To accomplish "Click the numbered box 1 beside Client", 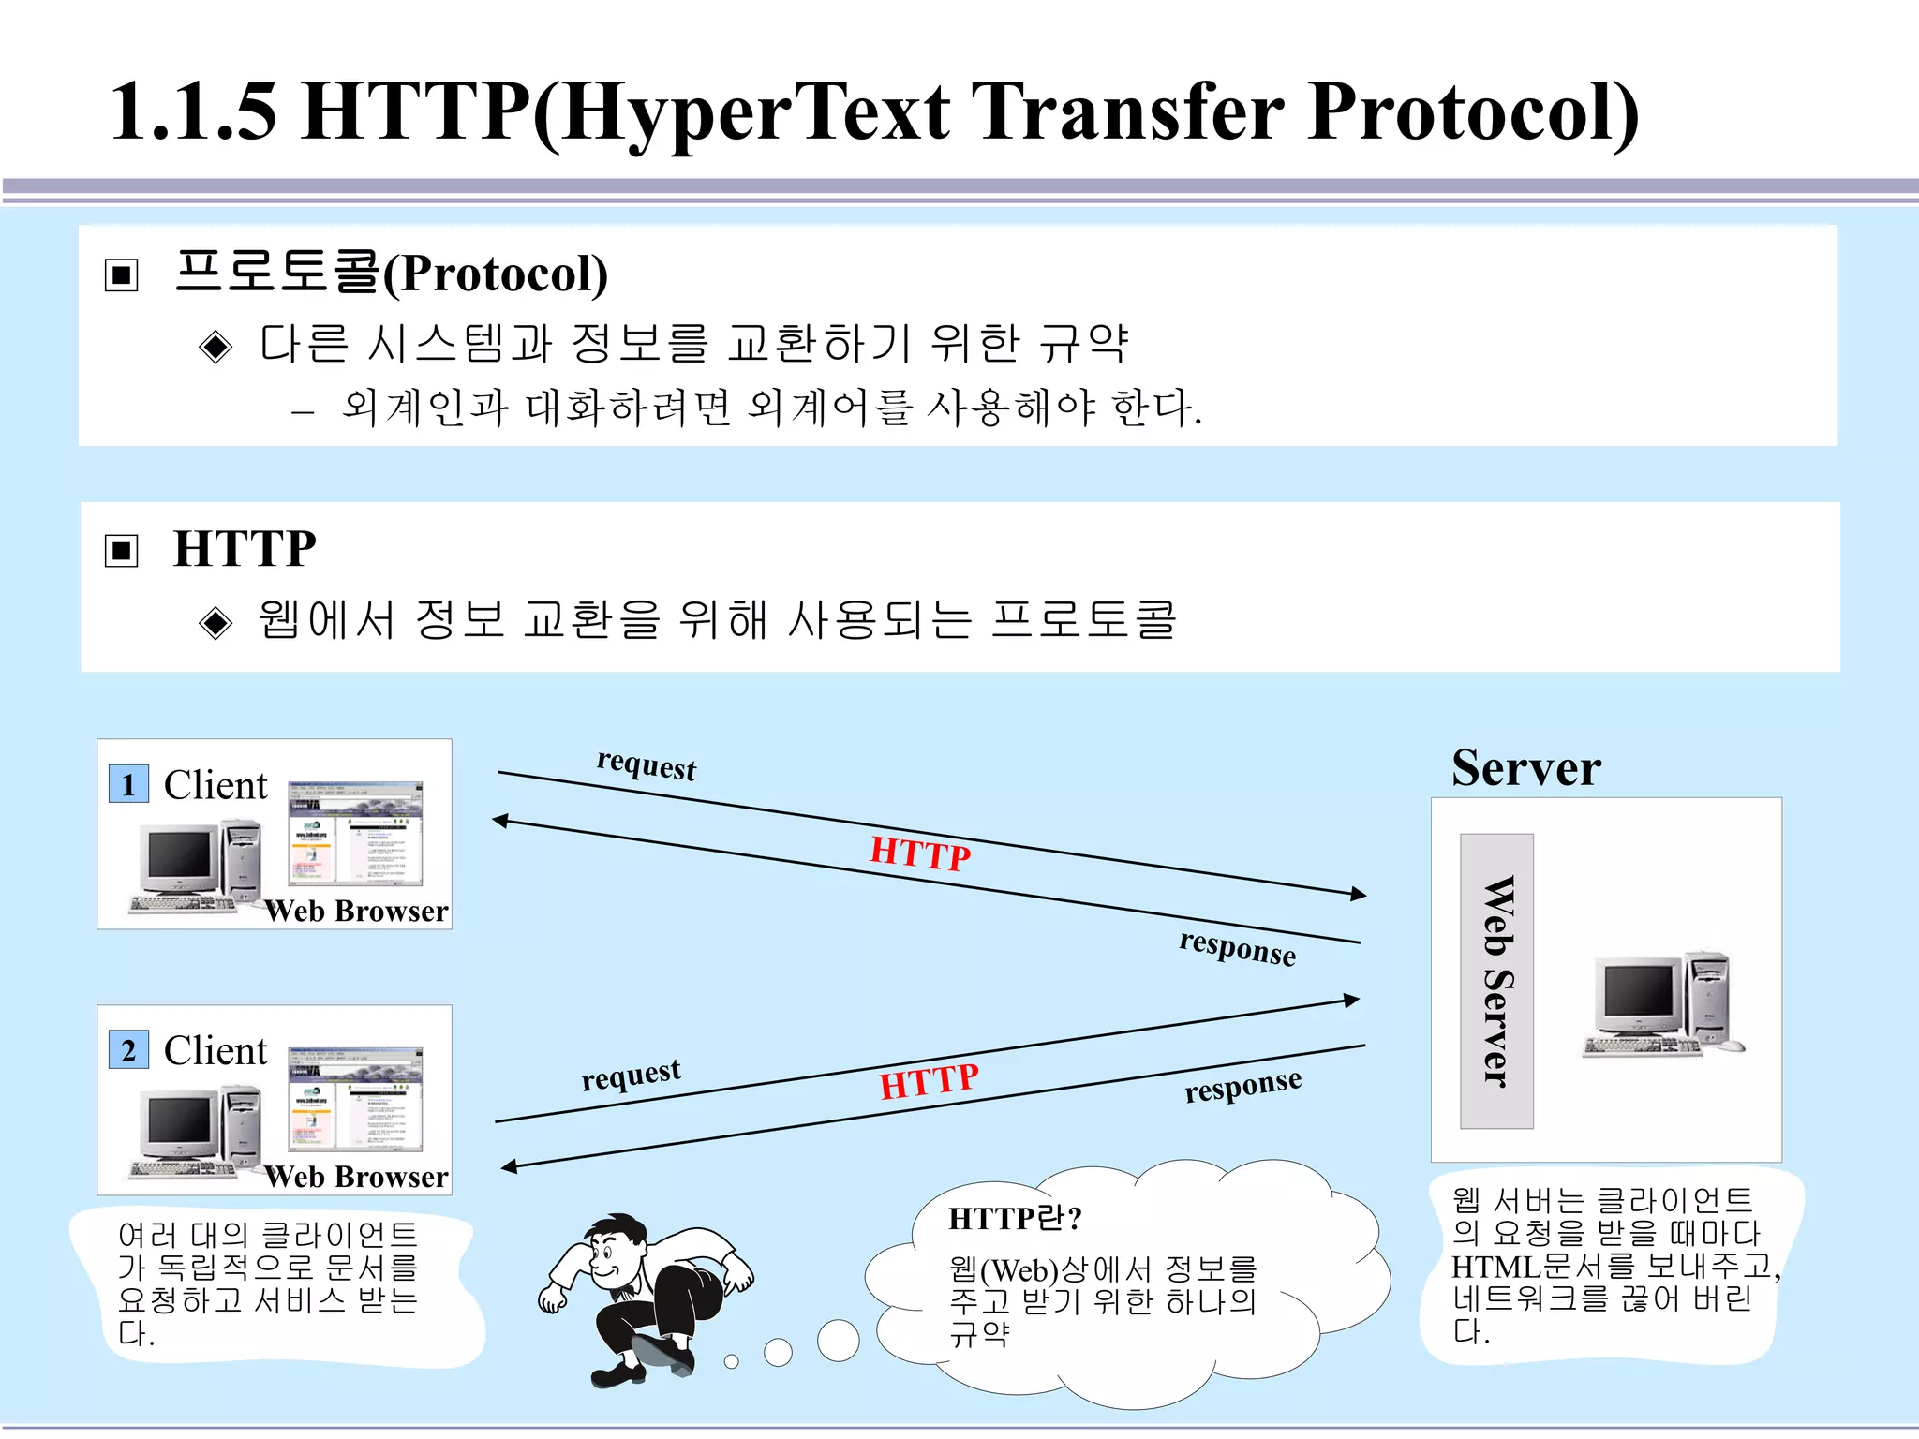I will tap(128, 784).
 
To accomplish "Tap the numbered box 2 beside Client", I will tap(128, 1050).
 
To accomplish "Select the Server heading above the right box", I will tap(1525, 768).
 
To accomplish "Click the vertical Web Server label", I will tap(1496, 981).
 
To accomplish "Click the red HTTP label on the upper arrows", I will tap(920, 853).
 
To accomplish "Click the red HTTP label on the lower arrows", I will tap(929, 1082).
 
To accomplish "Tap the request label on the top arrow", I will tap(647, 765).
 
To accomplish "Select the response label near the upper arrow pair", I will tap(1237, 948).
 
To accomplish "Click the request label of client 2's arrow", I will tap(631, 1075).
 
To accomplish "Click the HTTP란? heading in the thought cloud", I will tap(1015, 1218).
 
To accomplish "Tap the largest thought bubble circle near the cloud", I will tap(838, 1341).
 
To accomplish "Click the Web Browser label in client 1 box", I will tap(356, 911).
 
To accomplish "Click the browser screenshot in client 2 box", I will tap(355, 1099).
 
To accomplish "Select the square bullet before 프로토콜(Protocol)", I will tap(122, 275).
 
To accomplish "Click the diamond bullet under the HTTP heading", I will tap(216, 622).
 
